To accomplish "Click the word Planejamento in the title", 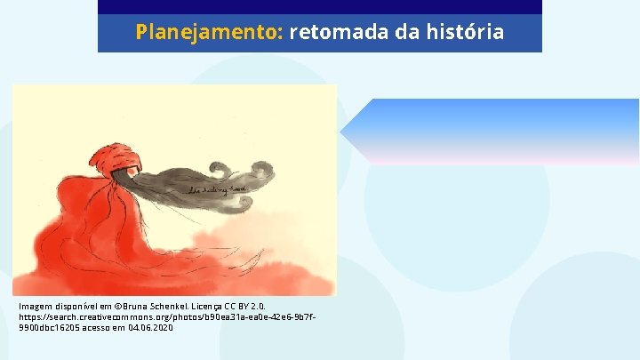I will point(209,33).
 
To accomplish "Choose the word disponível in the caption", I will point(79,307).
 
